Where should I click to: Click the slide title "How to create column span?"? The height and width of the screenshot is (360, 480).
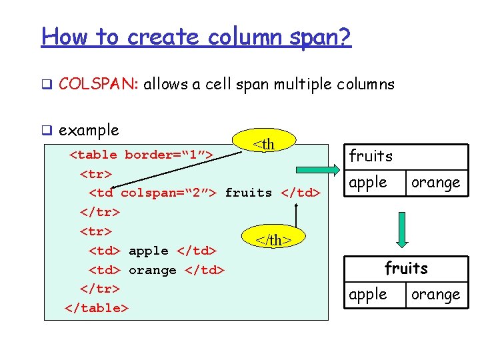pos(196,36)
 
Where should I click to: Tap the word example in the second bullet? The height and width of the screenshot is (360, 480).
pos(89,130)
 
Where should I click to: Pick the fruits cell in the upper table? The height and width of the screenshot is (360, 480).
pos(371,157)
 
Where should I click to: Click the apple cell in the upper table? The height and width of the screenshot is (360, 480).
pos(368,182)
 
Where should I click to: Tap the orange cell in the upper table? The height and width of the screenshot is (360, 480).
pos(435,182)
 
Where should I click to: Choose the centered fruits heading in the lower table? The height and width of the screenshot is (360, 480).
pos(406,268)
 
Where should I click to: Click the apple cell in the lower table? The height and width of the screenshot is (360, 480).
pos(368,294)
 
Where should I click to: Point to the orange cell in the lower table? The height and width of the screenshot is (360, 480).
pos(435,294)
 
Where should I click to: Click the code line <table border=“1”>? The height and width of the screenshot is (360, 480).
pos(141,155)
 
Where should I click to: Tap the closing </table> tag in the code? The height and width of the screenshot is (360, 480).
pos(97,308)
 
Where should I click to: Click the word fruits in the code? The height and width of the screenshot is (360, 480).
pos(249,193)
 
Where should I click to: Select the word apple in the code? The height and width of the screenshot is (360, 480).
pos(148,251)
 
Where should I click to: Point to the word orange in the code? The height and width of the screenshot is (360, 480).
pos(152,270)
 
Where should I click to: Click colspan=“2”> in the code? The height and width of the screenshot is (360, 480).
pos(169,193)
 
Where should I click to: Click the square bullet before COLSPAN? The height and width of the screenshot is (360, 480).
pos(47,85)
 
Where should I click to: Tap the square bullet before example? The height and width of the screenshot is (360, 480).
pos(47,131)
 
